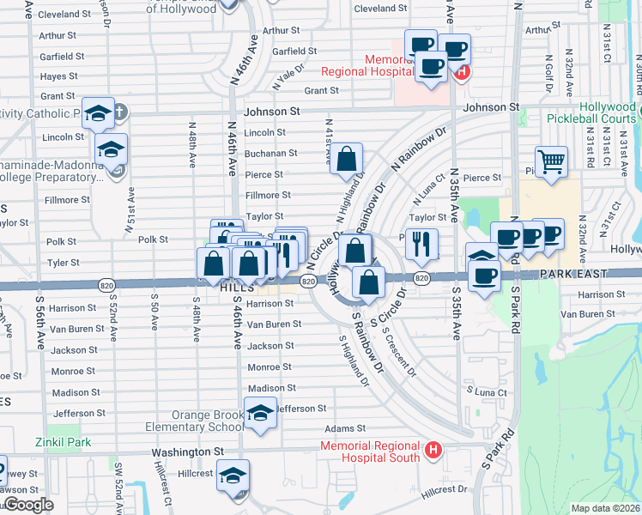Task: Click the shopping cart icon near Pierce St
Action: tap(551, 161)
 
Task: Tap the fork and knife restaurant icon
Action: tap(421, 243)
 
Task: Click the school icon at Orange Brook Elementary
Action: tap(260, 413)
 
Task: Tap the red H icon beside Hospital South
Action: tap(433, 450)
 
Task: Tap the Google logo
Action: tap(27, 505)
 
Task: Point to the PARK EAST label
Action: tap(572, 273)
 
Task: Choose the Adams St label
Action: tap(345, 428)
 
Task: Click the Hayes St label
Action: tap(59, 76)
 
